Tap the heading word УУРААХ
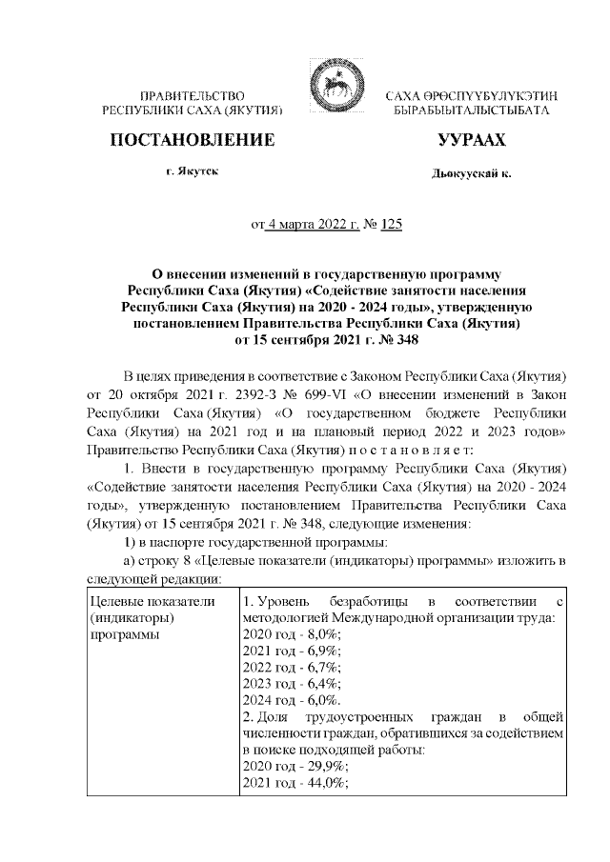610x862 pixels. tap(471, 141)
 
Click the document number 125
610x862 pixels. tap(392, 226)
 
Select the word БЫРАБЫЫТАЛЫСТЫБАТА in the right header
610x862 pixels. tap(472, 112)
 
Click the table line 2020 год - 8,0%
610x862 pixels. tap(291, 633)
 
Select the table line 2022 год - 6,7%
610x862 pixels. tap(291, 667)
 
